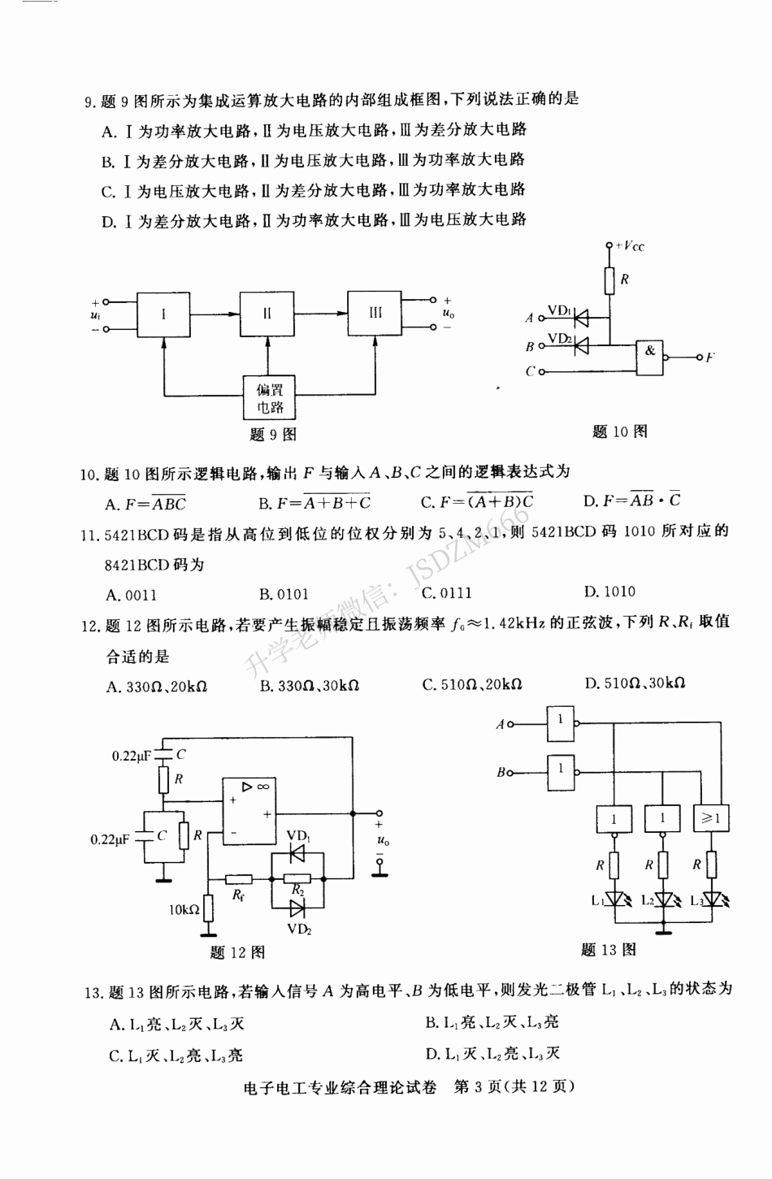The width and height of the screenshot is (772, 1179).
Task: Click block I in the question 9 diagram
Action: pyautogui.click(x=163, y=314)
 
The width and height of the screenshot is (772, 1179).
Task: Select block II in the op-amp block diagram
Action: pyautogui.click(x=267, y=314)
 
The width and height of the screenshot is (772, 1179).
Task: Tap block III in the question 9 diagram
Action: pyautogui.click(x=375, y=313)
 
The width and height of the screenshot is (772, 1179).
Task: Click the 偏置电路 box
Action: pyautogui.click(x=270, y=398)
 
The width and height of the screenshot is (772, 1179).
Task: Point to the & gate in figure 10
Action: pyautogui.click(x=650, y=356)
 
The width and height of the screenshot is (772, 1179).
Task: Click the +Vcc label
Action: pyautogui.click(x=630, y=245)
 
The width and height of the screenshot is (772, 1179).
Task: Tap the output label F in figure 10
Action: pyautogui.click(x=709, y=358)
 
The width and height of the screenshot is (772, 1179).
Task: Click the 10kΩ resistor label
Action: pyautogui.click(x=184, y=909)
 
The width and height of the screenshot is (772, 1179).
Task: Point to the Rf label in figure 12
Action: pyautogui.click(x=238, y=895)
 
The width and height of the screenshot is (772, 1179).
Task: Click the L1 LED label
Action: pyautogui.click(x=598, y=900)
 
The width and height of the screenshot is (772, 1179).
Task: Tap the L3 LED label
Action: pyautogui.click(x=697, y=900)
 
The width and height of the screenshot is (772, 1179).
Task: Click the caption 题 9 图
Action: pyautogui.click(x=272, y=435)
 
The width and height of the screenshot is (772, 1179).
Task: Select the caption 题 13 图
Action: pyautogui.click(x=609, y=949)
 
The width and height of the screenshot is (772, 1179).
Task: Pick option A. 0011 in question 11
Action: pyautogui.click(x=132, y=595)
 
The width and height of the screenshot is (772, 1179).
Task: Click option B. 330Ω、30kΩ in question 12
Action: pyautogui.click(x=310, y=686)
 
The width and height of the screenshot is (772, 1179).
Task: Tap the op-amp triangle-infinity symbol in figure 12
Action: pyautogui.click(x=255, y=787)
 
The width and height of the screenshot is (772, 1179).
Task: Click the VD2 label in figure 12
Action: pyautogui.click(x=299, y=929)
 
